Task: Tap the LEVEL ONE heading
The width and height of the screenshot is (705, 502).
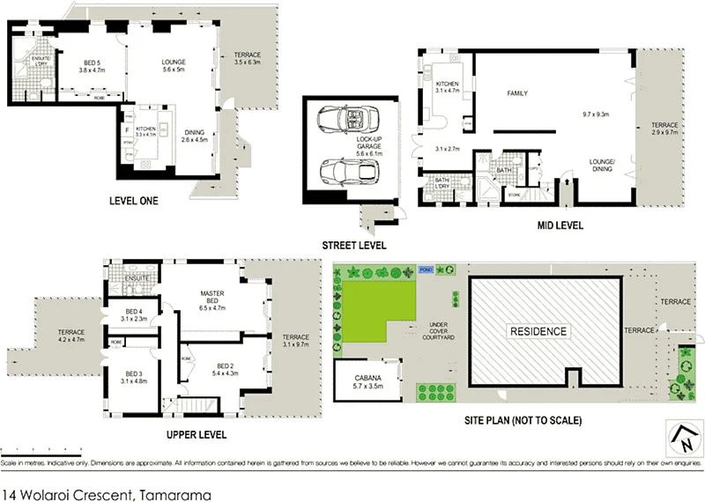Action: coord(133,201)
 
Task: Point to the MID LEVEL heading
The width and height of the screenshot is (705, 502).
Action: coord(560,225)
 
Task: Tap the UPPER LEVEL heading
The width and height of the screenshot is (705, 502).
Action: coord(197,434)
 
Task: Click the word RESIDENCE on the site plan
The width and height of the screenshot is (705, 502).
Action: coord(538,332)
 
